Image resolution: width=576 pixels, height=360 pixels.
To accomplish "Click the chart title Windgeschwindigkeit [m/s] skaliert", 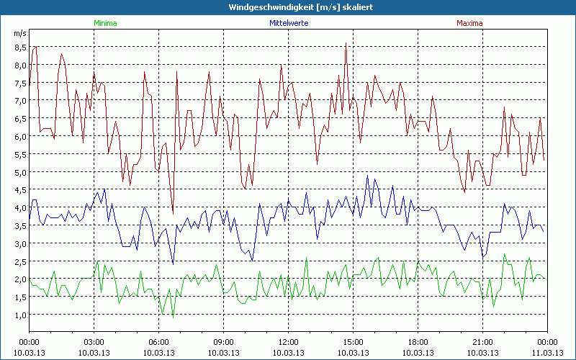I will [287, 7].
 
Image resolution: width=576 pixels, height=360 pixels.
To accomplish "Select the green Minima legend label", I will [105, 23].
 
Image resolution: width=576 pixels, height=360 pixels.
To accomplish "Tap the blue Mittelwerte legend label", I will [288, 23].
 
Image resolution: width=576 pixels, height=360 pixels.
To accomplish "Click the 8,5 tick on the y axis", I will [19, 48].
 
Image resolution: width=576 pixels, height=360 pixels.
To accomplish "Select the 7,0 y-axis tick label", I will [19, 101].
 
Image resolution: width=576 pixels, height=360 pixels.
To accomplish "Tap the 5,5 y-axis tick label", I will [19, 154].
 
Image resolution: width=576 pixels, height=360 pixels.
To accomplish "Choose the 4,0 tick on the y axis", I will [19, 208].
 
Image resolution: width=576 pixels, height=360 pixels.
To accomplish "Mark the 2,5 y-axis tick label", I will [19, 261].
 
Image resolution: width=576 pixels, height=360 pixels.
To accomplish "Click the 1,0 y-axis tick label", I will [19, 315].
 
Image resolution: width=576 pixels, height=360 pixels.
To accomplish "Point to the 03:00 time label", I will [94, 342].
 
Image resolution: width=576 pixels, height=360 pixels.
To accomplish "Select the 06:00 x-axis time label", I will [158, 342].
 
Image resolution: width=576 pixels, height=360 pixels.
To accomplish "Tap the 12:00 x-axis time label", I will [288, 342].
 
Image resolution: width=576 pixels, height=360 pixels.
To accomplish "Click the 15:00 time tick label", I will [353, 342].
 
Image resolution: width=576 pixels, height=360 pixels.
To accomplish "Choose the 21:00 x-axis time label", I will [482, 342].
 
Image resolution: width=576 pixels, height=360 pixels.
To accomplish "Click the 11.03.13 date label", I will [547, 353].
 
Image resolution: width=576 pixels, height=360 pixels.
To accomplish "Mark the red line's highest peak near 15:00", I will [346, 42].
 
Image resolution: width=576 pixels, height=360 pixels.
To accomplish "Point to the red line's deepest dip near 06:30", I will [173, 214].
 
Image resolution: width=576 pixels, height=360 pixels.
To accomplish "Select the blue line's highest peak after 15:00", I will [367, 176].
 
